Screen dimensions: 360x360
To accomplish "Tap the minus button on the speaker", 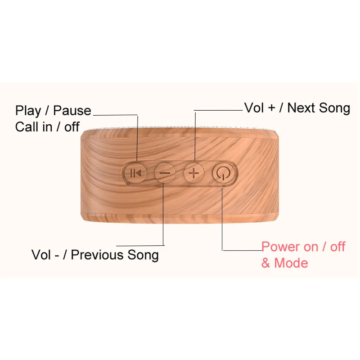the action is coord(165,173).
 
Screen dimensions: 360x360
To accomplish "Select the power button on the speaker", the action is coord(222,173).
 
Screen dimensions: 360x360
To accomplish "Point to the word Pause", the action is coord(72,111).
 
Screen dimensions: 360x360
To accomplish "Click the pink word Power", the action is coord(280,247).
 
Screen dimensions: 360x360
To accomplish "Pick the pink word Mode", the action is coord(291,263).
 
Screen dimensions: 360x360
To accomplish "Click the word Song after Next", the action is coord(334,108).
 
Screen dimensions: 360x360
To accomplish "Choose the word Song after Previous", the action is coord(143,256).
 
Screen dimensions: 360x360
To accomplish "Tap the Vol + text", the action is coord(259,108).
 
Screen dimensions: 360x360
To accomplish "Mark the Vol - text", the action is coord(46,255).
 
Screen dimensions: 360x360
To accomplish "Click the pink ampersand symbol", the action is coord(266,263).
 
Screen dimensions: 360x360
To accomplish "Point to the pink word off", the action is coord(337,247).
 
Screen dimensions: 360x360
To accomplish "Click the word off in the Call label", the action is coord(72,126).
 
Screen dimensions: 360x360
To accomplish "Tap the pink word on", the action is coord(310,247).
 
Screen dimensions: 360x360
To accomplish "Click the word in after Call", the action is coord(47,126).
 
